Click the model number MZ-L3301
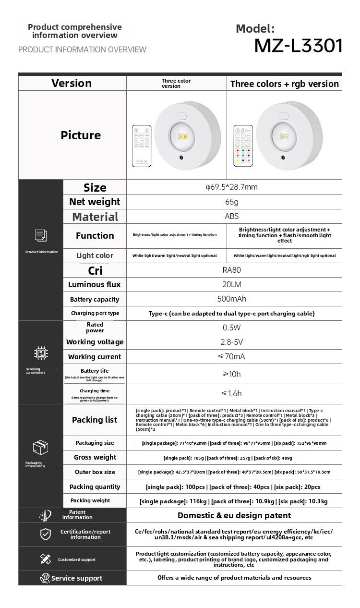tap(298, 46)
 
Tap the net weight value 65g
tap(232, 202)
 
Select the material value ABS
tap(232, 216)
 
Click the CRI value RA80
tap(232, 270)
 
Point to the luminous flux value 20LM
tap(232, 285)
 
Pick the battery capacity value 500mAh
tap(232, 299)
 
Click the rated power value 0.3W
tap(232, 328)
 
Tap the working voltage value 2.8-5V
tap(232, 342)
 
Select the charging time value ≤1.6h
tap(232, 393)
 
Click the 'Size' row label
tap(95, 187)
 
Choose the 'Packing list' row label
tap(95, 420)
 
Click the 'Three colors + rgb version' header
tap(284, 84)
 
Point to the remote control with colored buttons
tap(243, 146)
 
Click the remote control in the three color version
tap(142, 146)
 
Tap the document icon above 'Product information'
tap(41, 235)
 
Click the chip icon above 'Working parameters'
tap(41, 354)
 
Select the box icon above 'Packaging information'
tap(41, 448)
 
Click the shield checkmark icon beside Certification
tap(45, 534)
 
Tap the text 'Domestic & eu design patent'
tap(234, 515)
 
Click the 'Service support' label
tap(77, 578)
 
